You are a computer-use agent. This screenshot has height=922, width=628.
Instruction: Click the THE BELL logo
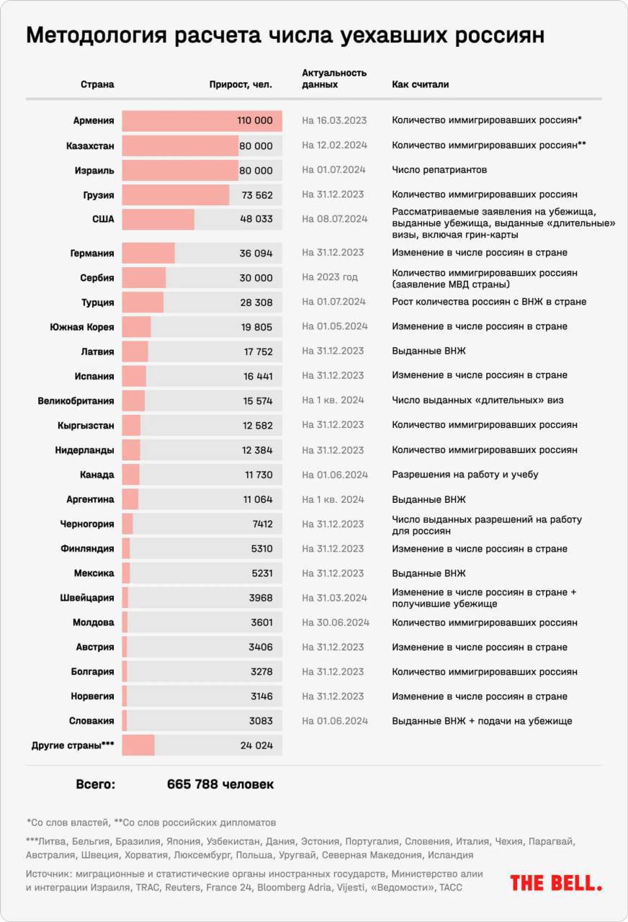556,882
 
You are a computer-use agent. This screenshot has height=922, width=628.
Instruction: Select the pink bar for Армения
202,121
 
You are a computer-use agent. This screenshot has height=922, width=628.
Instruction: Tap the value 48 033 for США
256,219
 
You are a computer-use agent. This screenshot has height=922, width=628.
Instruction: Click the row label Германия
92,253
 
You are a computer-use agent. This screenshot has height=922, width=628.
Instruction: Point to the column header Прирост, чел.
241,84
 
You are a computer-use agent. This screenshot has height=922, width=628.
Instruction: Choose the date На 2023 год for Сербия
330,277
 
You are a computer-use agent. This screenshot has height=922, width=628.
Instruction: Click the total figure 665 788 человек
220,784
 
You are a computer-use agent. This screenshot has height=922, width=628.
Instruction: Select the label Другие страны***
73,746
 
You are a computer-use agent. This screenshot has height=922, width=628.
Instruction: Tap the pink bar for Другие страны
138,746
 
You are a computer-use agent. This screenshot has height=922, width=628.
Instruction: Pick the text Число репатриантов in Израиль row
439,170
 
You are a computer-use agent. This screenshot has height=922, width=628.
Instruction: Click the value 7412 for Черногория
261,524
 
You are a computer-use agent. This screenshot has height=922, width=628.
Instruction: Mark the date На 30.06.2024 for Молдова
336,622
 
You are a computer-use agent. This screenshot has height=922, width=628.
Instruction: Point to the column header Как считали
420,84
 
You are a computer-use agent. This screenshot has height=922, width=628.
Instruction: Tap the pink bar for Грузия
176,194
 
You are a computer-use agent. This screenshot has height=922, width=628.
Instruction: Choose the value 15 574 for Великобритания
257,400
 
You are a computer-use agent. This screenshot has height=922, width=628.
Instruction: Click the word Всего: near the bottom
95,784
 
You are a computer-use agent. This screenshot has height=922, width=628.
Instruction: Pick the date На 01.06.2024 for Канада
335,475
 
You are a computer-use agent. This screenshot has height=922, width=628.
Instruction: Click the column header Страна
97,84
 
